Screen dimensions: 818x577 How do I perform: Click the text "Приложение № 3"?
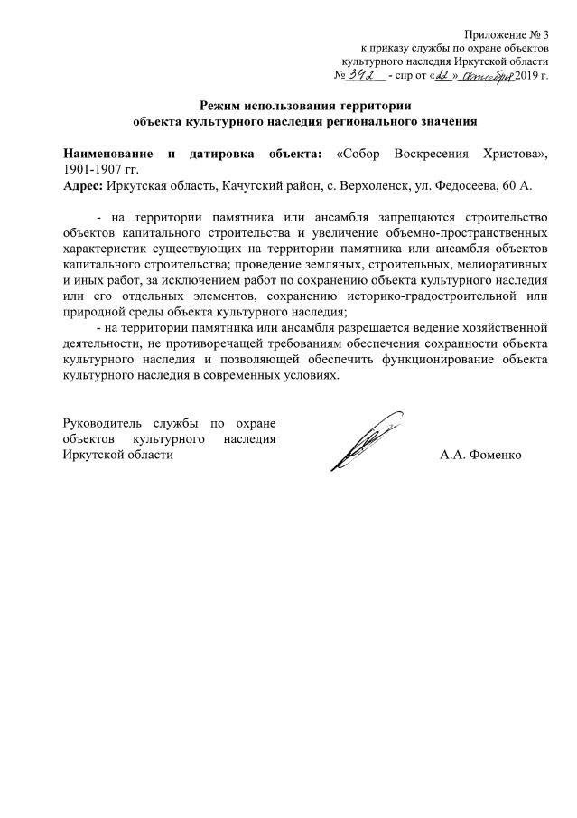click(503, 33)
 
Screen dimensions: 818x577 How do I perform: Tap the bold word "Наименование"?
click(107, 153)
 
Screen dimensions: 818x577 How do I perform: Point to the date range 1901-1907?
click(91, 168)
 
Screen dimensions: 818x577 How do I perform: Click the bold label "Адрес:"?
click(82, 184)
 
